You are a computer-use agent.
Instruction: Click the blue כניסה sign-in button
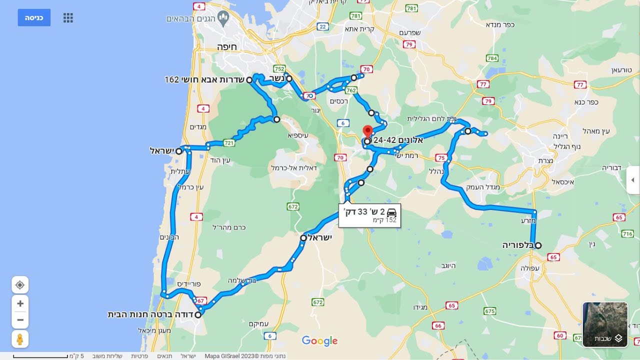coord(34,17)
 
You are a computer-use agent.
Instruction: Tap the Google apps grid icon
coord(68,18)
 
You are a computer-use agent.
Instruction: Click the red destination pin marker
coord(367,131)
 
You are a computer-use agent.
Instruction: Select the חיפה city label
coord(226,46)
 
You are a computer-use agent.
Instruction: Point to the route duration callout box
coord(369,215)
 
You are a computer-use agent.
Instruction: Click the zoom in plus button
coord(20,303)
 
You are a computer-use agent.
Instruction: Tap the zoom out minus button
coord(20,320)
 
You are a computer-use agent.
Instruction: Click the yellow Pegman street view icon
coord(20,339)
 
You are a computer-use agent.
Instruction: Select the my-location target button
coord(20,285)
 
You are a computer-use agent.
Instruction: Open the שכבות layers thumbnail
coord(605,324)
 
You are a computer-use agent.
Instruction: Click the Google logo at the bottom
coord(319,341)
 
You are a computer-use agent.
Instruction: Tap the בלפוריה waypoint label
coord(519,245)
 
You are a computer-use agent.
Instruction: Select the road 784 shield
coord(492,58)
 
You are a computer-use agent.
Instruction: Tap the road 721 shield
coord(229,143)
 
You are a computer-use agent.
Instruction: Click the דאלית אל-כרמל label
coord(294,167)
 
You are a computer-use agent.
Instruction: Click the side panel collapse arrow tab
coord(632,180)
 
